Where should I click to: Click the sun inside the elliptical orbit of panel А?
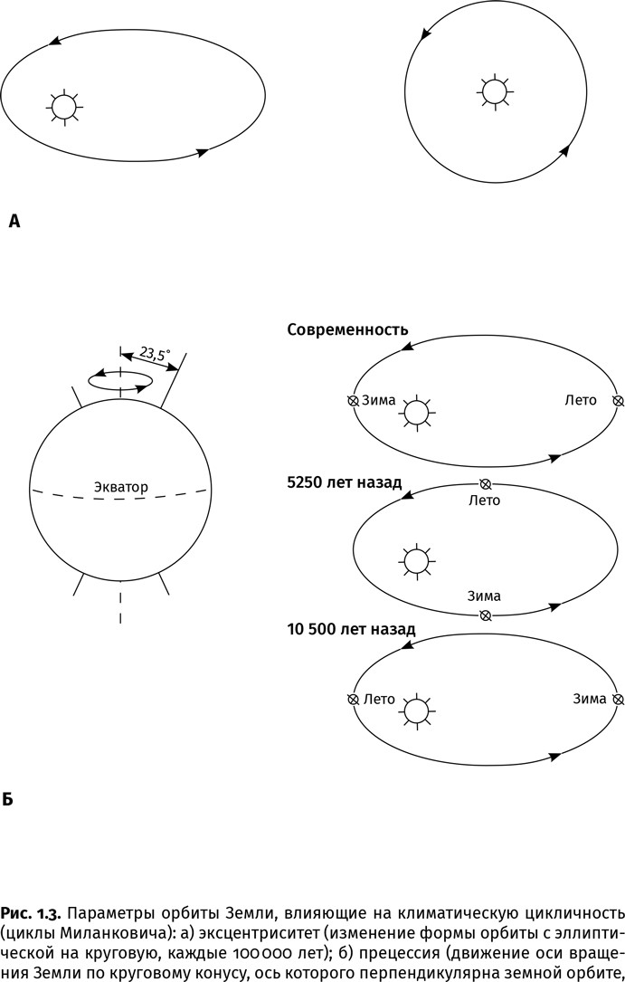click(x=63, y=107)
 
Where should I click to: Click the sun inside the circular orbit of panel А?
click(x=494, y=91)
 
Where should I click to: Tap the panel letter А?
click(x=14, y=220)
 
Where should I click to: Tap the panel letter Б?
click(x=8, y=800)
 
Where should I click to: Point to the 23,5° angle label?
click(x=155, y=355)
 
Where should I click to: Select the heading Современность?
click(x=347, y=329)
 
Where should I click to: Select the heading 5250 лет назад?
click(x=344, y=482)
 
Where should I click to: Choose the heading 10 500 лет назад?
click(x=351, y=628)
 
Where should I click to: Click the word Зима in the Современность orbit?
click(x=378, y=400)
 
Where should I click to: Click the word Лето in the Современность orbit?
click(x=580, y=400)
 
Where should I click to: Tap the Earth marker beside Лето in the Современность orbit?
click(x=618, y=400)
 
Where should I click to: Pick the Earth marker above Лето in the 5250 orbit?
click(x=485, y=484)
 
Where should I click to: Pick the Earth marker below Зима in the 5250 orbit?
click(x=485, y=615)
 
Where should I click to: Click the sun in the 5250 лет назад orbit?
click(x=415, y=561)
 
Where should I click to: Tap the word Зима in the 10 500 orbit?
click(x=590, y=699)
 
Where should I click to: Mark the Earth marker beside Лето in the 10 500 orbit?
click(x=353, y=699)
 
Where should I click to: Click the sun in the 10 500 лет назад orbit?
click(x=415, y=710)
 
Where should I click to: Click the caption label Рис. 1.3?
click(x=30, y=909)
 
